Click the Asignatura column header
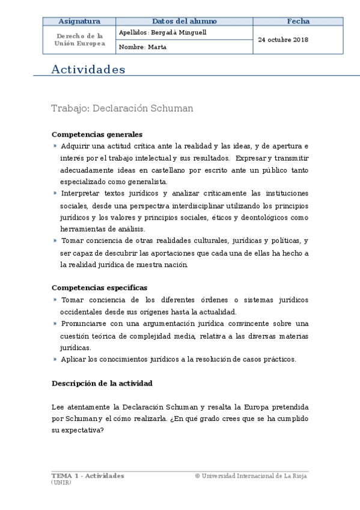(79, 21)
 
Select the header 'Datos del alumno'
(184, 21)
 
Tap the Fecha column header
(298, 21)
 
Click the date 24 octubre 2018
(283, 40)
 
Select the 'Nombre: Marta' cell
(143, 47)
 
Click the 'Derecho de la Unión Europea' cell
(79, 40)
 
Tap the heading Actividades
(88, 70)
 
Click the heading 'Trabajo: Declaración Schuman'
(122, 109)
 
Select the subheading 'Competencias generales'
(97, 135)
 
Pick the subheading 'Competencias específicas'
(99, 287)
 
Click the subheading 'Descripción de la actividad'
(102, 383)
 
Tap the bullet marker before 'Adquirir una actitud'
(55, 146)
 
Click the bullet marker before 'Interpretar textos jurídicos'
(55, 193)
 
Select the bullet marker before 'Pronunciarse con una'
(55, 324)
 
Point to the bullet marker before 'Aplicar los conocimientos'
(55, 359)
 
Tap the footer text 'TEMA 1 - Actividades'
(88, 476)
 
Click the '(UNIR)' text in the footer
(61, 482)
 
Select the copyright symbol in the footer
(197, 476)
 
